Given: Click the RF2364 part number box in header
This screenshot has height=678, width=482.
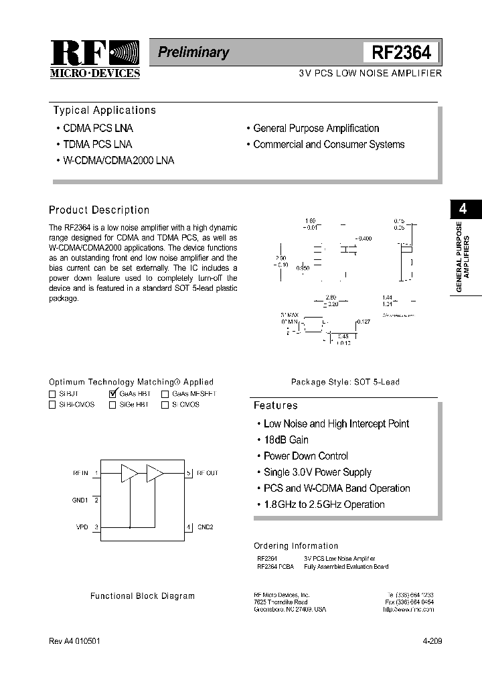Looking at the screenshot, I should click(x=401, y=53).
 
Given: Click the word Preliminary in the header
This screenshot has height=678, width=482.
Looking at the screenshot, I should click(x=193, y=52).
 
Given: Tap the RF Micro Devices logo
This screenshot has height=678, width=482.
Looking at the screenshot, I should click(x=94, y=59).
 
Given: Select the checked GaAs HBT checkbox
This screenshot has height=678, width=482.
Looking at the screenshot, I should click(x=112, y=394).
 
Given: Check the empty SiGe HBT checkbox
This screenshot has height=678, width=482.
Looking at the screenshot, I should click(x=112, y=405).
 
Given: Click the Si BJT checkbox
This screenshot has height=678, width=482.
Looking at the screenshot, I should click(x=53, y=394).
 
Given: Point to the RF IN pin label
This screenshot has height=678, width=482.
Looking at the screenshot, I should click(x=80, y=473).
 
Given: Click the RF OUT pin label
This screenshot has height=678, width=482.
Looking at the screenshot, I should click(x=207, y=473).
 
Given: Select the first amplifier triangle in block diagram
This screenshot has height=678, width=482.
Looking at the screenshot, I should click(x=128, y=473).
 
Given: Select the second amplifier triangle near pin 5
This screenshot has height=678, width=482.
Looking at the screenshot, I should click(x=155, y=473).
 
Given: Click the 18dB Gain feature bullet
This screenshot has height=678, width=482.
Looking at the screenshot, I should click(x=286, y=440).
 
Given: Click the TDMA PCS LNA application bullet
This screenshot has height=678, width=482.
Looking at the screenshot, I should click(x=97, y=145).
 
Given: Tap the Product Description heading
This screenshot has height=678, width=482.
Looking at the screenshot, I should click(x=99, y=210).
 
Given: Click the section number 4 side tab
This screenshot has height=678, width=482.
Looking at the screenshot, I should click(x=462, y=209).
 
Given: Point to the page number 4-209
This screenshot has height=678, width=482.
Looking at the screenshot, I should click(x=432, y=641).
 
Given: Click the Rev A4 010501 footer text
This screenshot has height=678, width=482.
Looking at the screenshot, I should click(x=75, y=641).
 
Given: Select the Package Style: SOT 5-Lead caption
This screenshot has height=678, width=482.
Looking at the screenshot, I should click(x=345, y=382).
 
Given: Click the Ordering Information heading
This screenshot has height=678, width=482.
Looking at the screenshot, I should click(x=296, y=546).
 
